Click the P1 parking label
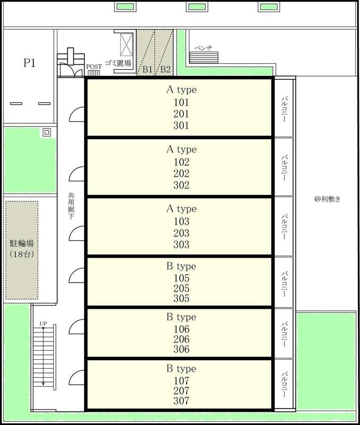pos(29,63)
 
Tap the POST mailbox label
pos(94,67)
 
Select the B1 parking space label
pos(147,70)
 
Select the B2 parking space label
pos(165,70)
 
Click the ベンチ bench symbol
pos(204,57)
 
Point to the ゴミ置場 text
pos(118,63)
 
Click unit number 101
pos(181,103)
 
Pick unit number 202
pos(181,174)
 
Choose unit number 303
pos(181,244)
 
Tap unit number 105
pos(181,278)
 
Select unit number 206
pos(181,339)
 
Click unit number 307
pos(181,401)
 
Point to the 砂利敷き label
pos(328,199)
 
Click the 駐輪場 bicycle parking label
pos(22,243)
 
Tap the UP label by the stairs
pos(44,324)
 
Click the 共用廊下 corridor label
pos(71,206)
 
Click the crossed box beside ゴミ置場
pos(127,45)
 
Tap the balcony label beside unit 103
pos(284,227)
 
